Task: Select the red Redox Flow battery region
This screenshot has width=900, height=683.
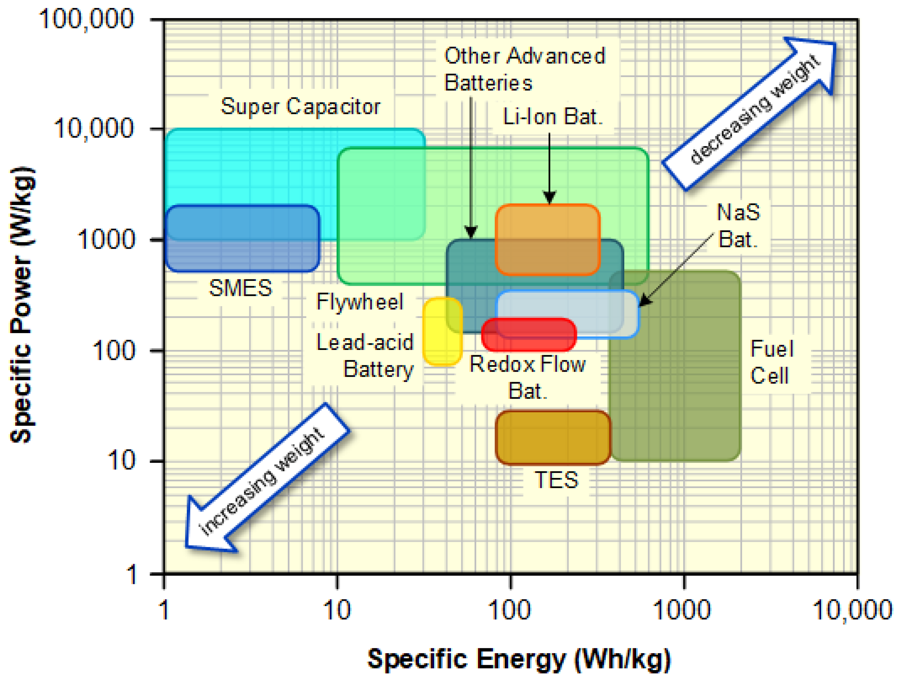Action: click(x=529, y=335)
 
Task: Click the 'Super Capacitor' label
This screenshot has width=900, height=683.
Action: click(x=300, y=107)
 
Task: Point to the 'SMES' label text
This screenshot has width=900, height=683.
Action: click(x=240, y=288)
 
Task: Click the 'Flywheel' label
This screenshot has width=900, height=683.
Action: click(x=360, y=302)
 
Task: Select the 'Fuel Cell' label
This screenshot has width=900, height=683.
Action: click(x=771, y=362)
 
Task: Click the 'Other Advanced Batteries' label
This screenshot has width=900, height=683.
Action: click(x=525, y=69)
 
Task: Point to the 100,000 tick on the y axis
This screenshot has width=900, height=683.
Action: click(x=86, y=19)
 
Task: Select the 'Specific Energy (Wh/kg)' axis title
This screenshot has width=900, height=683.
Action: click(x=519, y=659)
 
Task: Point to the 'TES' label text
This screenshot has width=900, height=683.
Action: click(x=556, y=480)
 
